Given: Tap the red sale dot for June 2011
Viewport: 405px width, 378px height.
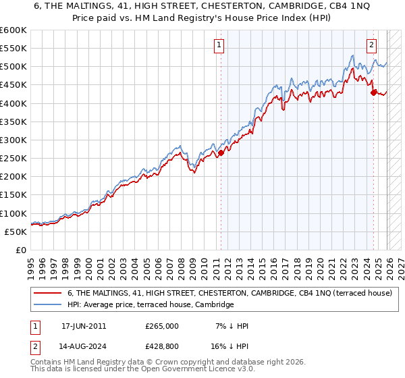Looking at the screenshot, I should [x=221, y=153].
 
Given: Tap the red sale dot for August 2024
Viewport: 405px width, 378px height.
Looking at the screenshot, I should [x=373, y=92].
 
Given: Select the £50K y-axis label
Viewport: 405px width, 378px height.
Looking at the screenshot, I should [x=15, y=232].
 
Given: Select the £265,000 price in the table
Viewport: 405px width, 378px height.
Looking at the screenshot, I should [x=162, y=326].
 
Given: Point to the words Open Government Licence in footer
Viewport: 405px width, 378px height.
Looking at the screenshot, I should [x=195, y=370].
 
